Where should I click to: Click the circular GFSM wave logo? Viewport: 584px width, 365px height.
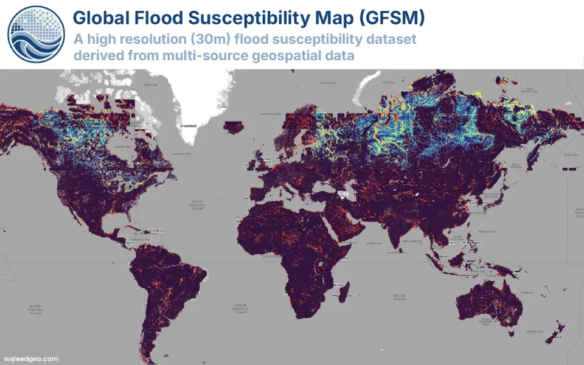pyautogui.click(x=36, y=34)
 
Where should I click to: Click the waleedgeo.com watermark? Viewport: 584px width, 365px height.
pyautogui.click(x=31, y=358)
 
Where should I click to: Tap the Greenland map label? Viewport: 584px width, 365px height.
pyautogui.click(x=188, y=126)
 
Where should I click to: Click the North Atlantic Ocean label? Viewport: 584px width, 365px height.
pyautogui.click(x=198, y=206)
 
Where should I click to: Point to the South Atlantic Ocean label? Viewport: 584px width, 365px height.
pyautogui.click(x=241, y=308)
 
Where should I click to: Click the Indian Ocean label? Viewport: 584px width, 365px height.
pyautogui.click(x=399, y=296)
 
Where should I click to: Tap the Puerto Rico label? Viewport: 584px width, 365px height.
pyautogui.click(x=156, y=231)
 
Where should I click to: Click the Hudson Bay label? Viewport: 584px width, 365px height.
pyautogui.click(x=123, y=146)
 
